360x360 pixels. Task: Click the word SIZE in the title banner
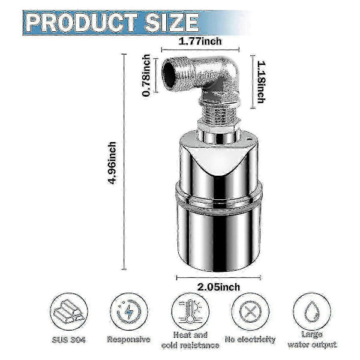click(x=172, y=23)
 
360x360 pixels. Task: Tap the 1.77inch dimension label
click(x=200, y=41)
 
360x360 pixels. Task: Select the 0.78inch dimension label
click(x=146, y=76)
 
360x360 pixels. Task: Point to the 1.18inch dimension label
click(x=261, y=82)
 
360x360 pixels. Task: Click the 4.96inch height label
click(x=113, y=163)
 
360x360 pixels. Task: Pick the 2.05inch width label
click(x=218, y=287)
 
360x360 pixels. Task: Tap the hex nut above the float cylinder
click(x=219, y=127)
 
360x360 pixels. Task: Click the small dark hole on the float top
click(x=249, y=138)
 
